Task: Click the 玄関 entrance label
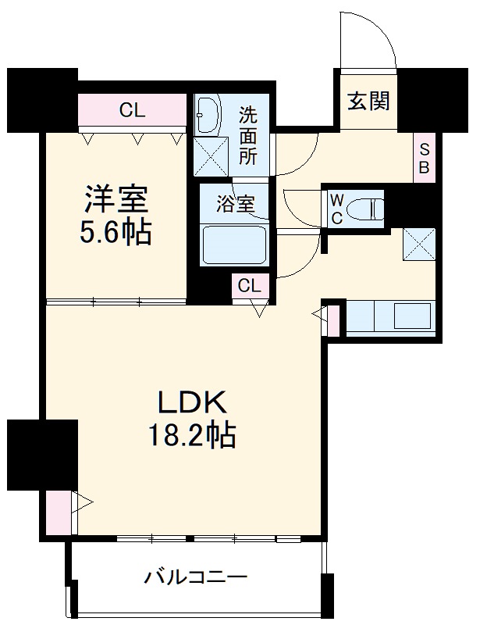[x=368, y=101]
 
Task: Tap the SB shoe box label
[x=425, y=159]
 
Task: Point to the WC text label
[x=336, y=209]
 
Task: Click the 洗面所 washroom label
[x=247, y=134]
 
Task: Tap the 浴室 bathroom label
[x=233, y=205]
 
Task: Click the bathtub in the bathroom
[x=234, y=245]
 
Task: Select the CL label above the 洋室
[x=133, y=110]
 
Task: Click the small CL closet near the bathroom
[x=250, y=286]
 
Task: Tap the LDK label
[x=193, y=402]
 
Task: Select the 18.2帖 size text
[x=193, y=436]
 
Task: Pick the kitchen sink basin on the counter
[x=412, y=317]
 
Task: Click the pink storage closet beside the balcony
[x=57, y=512]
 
